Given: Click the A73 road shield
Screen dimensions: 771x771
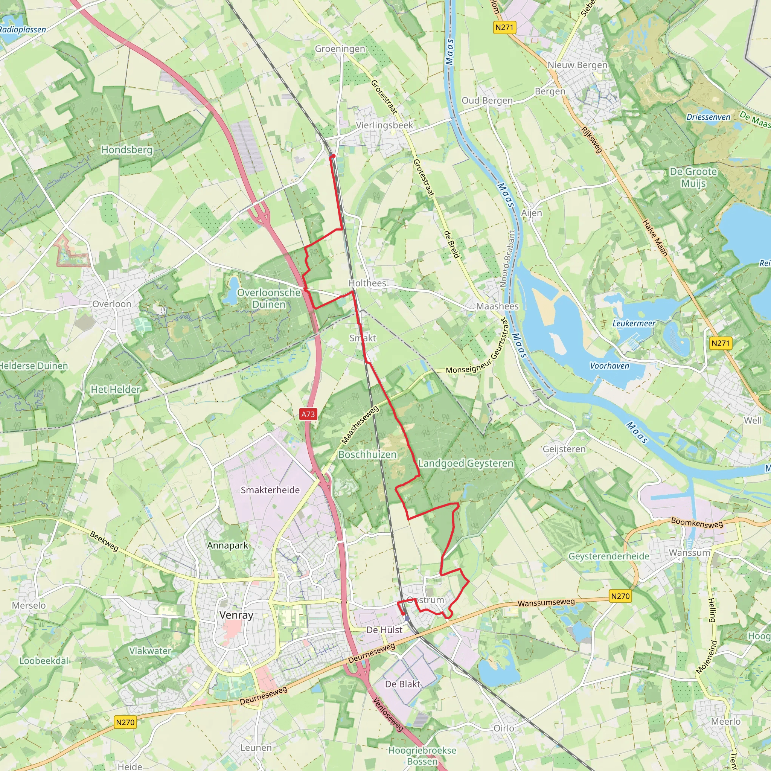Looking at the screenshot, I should point(308,414).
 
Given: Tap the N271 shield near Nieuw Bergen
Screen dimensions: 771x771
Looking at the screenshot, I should point(504,27).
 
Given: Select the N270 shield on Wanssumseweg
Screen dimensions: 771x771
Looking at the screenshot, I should point(620,596).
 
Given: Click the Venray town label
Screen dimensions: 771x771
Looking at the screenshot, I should point(236,615).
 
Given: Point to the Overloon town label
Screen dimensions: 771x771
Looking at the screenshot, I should point(112,304).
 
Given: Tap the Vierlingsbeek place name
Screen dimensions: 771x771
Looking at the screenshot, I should point(384,125).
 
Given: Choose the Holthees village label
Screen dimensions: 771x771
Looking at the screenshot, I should point(367,283).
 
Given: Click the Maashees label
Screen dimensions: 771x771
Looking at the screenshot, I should point(497,306).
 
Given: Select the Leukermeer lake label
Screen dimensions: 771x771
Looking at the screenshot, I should point(634,323).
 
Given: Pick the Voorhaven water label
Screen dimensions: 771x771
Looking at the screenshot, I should point(609,366).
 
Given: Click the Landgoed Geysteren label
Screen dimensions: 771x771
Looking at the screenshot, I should point(465,463).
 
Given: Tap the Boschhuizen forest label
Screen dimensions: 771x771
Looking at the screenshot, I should point(367,454).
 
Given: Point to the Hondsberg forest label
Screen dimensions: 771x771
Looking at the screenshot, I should point(127,150).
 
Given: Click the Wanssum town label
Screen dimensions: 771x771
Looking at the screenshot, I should point(689,553).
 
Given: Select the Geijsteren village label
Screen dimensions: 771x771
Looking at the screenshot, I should point(564,449).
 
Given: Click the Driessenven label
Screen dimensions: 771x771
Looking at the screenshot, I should point(708,117).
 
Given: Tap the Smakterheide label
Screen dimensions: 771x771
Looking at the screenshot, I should point(270,490).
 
